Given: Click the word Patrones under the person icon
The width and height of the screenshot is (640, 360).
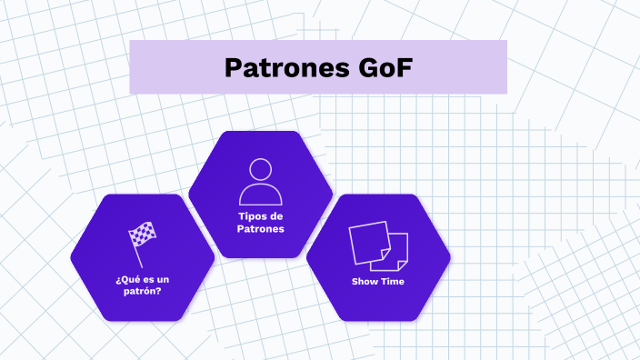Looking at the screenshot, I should [260, 229].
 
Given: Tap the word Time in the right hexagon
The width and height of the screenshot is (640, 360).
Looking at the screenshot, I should [393, 282].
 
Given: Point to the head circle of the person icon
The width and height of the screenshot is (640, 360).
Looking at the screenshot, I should [261, 169].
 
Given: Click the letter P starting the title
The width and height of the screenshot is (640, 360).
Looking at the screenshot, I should [232, 67].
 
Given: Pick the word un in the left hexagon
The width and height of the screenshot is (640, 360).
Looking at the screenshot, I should [161, 278].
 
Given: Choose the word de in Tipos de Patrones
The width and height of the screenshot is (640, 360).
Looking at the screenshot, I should [276, 215].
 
